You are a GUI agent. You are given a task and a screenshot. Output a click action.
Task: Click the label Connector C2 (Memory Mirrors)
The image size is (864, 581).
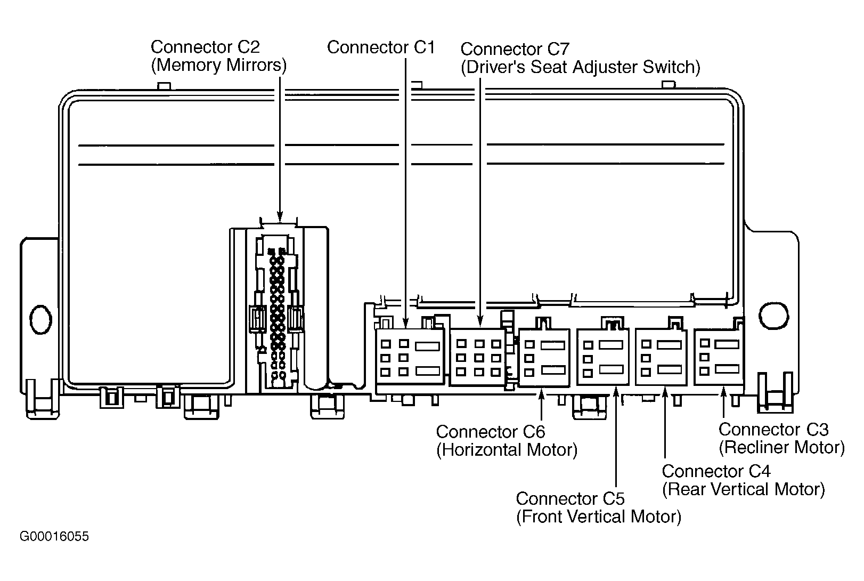coord(219,56)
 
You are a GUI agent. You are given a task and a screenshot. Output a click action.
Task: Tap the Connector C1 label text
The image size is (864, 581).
coord(381,47)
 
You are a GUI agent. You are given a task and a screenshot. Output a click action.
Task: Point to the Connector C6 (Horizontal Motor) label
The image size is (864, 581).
coord(507,441)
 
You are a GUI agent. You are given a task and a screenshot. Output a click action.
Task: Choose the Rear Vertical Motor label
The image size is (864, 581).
coord(744,489)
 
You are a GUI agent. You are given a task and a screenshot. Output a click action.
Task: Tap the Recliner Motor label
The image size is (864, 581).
coord(782,447)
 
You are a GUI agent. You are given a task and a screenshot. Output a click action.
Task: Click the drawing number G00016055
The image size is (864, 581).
coord(54,537)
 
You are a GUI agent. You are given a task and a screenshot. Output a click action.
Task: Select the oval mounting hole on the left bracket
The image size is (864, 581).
coord(40,320)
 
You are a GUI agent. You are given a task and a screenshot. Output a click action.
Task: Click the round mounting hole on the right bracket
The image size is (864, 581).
coord(774,316)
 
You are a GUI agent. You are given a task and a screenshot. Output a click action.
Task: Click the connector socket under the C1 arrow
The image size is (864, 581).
coord(410,356)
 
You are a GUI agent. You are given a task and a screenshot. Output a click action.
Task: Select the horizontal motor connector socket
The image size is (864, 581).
coord(544,358)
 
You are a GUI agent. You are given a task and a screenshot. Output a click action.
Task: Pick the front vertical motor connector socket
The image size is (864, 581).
coord(602,357)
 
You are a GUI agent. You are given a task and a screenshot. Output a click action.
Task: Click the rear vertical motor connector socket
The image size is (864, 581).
coord(661,357)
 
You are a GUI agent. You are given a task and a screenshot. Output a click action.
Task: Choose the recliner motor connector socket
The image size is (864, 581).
coord(719,357)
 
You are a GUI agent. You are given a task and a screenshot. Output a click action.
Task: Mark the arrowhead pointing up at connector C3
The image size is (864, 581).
coord(723,393)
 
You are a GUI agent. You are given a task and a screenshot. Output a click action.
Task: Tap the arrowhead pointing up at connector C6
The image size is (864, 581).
coord(542,395)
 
